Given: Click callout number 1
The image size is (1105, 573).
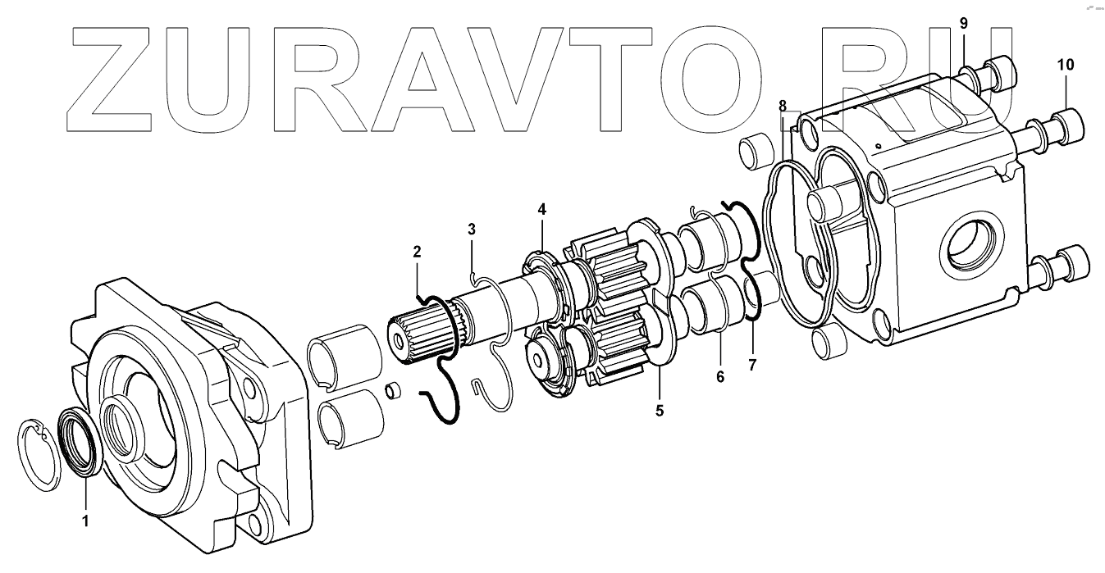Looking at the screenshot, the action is tap(84, 521).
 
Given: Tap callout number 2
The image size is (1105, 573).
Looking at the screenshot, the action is tap(417, 250).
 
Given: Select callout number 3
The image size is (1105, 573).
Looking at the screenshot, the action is tap(472, 228).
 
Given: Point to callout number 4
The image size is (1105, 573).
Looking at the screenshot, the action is tap(541, 209).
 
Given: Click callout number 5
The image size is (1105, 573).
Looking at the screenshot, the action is tap(660, 410).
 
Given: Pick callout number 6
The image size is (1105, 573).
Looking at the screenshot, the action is tap(720, 378).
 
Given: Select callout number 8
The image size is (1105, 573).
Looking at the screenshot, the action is tap(783, 106).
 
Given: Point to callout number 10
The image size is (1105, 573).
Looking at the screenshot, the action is tap(1066, 64).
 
